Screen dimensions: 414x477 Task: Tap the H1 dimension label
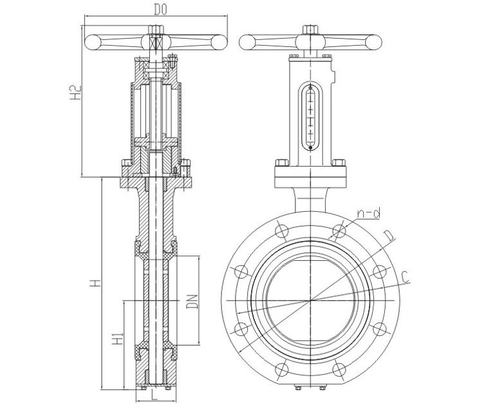click(x=117, y=340)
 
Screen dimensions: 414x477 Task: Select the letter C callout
click(x=404, y=277)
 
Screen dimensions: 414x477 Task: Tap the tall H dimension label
click(x=95, y=283)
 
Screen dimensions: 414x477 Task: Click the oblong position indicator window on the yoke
click(x=310, y=116)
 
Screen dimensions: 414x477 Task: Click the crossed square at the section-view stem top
click(x=154, y=42)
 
